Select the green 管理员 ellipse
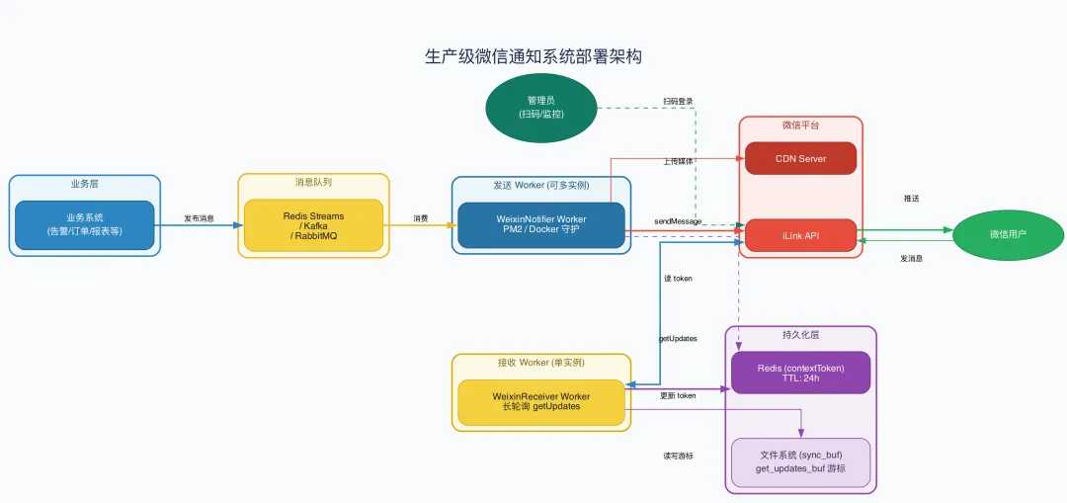point(540,108)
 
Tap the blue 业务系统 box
point(84,224)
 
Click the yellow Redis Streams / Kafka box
point(313,224)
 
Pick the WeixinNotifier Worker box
point(540,224)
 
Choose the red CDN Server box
point(800,158)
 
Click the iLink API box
point(800,235)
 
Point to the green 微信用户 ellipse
point(1008,235)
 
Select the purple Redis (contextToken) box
point(800,373)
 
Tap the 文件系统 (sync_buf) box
point(800,461)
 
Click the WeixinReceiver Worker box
point(540,401)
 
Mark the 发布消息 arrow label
point(199,218)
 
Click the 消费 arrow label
point(421,218)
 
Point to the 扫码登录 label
point(678,102)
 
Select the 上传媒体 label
point(678,160)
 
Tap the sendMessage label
point(678,221)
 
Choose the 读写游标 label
point(678,456)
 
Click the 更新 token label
point(678,395)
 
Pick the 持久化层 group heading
point(800,335)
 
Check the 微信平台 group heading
point(800,126)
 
